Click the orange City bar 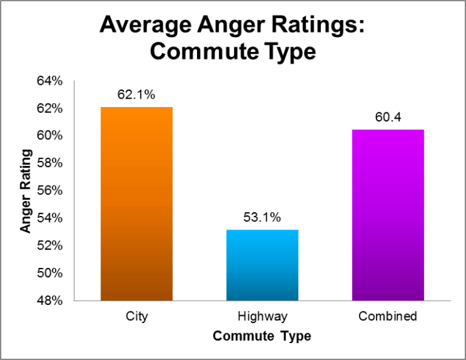[x=136, y=204]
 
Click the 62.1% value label [x=136, y=95]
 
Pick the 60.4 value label [x=388, y=117]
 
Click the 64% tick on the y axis [x=49, y=81]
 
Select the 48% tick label [x=49, y=300]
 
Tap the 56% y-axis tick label [x=49, y=191]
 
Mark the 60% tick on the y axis [x=49, y=136]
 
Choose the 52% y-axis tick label [x=49, y=245]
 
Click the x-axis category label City [x=136, y=317]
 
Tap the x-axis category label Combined [x=388, y=317]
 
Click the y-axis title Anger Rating [x=25, y=191]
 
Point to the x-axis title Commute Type [x=262, y=336]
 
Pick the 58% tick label [x=49, y=163]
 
